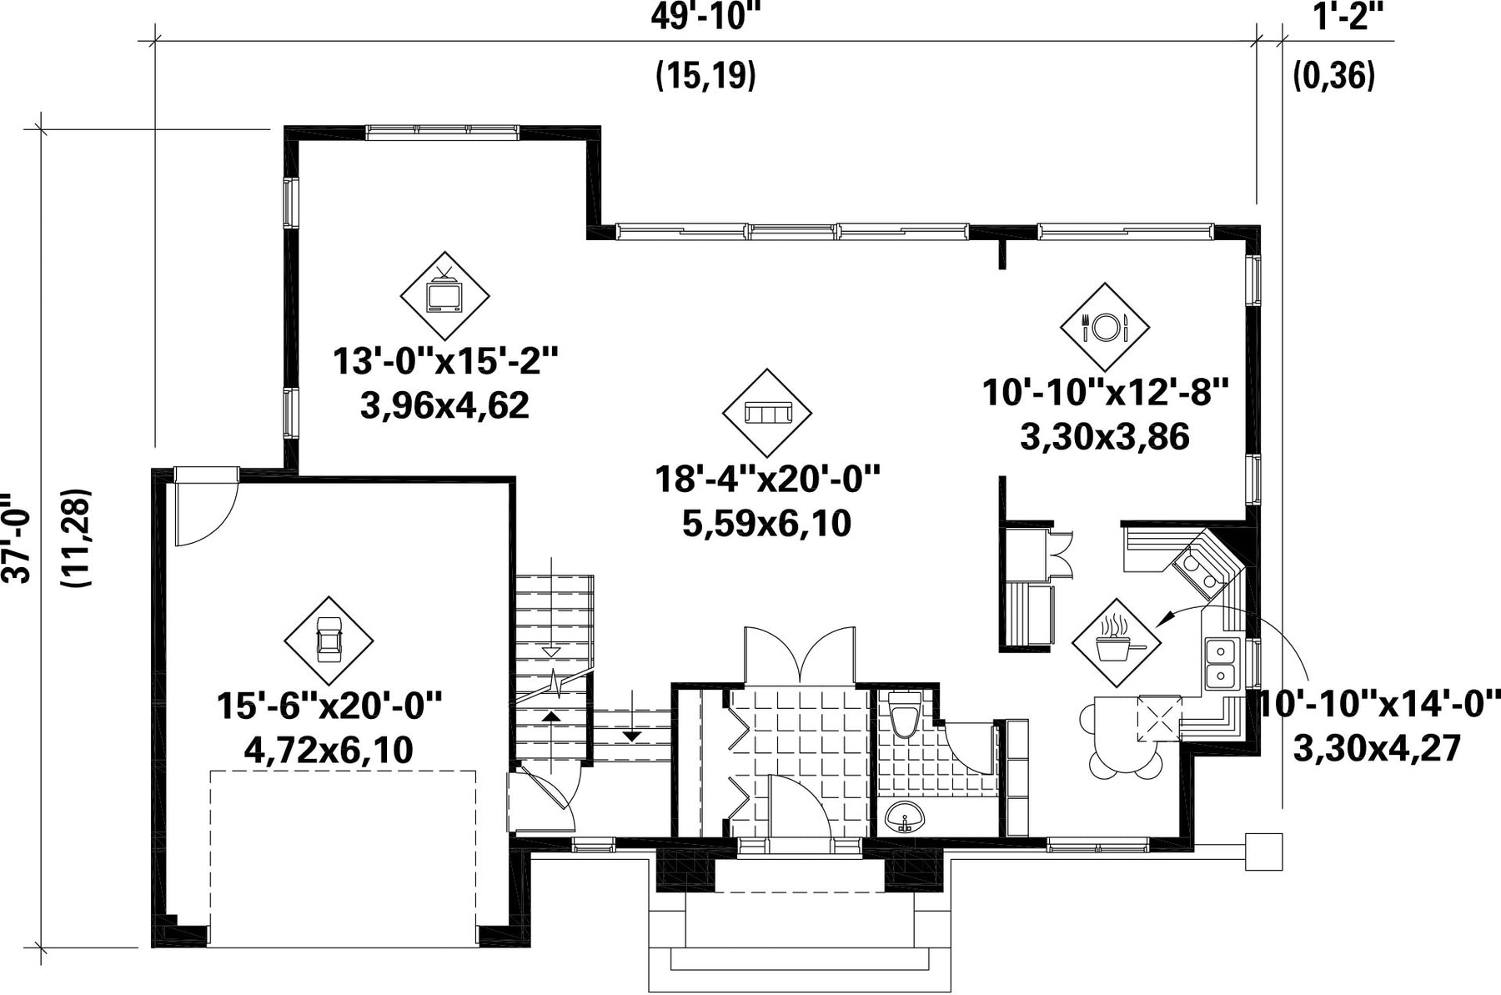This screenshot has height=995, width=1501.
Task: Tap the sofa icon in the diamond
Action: (766, 412)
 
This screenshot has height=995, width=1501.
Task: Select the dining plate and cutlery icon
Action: (1105, 326)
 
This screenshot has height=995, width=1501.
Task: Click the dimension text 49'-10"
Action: (706, 17)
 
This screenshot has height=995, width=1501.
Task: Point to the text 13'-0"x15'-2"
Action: (444, 362)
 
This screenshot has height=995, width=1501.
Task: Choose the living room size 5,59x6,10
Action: (766, 524)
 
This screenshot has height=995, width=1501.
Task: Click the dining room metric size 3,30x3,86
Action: (1105, 436)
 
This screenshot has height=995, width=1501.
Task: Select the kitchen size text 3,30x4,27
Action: (1377, 747)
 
